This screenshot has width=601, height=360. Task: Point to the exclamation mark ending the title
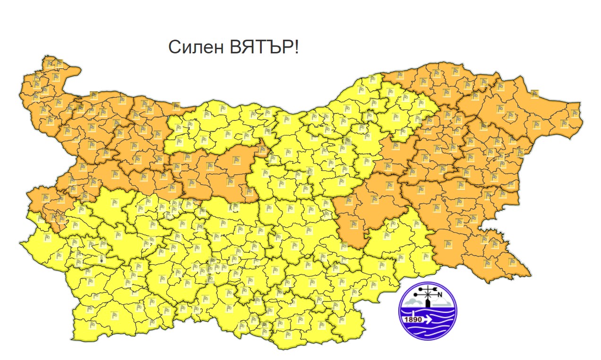296,48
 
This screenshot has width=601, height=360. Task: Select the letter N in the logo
439,296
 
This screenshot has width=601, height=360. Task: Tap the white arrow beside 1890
428,319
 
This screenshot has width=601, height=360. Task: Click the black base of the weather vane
428,304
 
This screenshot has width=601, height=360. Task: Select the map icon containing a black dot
101,259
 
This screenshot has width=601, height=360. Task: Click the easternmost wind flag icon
575,113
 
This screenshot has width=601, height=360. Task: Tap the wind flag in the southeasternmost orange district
513,262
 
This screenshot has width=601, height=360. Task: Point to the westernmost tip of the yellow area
20,244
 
